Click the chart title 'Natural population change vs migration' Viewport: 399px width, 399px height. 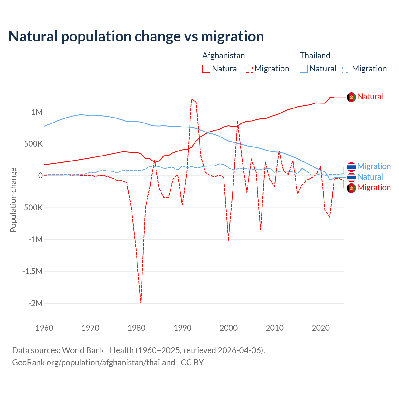pos(136,36)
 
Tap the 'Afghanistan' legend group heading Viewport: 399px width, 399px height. pos(224,55)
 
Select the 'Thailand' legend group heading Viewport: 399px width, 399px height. pos(315,55)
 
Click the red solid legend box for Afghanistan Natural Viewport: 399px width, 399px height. pos(206,69)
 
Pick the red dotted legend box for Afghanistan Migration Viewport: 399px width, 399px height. pos(249,69)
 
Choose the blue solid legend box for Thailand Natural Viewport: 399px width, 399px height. pos(304,69)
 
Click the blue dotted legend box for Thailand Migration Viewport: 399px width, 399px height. pos(346,69)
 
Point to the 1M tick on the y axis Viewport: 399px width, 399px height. pos(37,112)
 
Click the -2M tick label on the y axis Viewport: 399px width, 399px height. pos(36,303)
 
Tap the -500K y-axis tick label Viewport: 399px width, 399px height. pos(32,208)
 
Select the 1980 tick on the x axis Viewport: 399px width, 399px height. pos(137,328)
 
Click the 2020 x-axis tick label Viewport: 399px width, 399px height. pos(321,328)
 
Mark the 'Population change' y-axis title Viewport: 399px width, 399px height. pos(13,200)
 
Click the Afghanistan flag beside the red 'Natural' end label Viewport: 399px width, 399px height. pos(351,97)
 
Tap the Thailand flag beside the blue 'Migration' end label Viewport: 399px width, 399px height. pos(351,166)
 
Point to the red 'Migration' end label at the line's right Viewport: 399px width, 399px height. pos(374,187)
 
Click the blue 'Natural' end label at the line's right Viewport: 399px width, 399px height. pos(370,177)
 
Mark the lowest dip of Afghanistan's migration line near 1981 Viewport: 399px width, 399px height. pos(141,302)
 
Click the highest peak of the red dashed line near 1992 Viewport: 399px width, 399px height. pos(192,99)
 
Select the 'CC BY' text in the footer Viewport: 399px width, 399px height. pos(192,363)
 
